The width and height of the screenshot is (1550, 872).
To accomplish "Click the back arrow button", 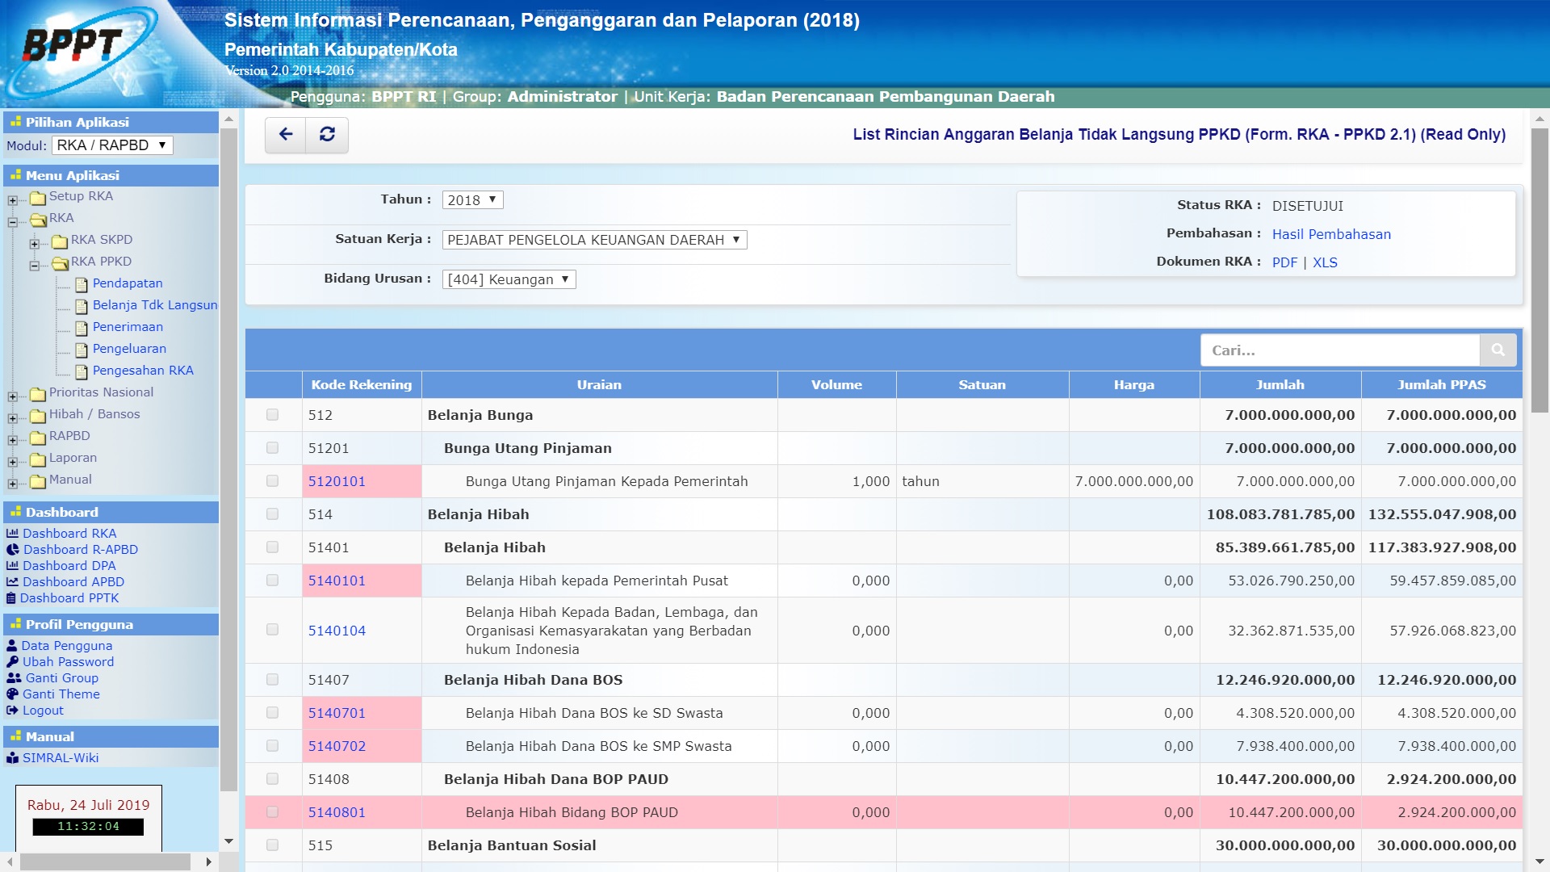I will point(286,135).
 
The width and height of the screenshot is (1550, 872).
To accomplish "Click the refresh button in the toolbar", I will point(327,135).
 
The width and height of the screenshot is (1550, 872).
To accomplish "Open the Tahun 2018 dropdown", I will point(472,200).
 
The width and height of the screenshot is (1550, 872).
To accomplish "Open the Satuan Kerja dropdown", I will point(594,240).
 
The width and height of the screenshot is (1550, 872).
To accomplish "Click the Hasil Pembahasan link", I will point(1331,234).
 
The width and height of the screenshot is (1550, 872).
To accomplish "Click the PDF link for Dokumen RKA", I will point(1284,262).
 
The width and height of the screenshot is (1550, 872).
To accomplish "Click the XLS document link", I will point(1325,262).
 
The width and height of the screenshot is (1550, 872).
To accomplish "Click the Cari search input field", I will point(1340,350).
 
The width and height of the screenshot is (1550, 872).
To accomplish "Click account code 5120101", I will point(337,481).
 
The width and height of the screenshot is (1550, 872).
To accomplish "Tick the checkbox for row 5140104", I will point(272,630).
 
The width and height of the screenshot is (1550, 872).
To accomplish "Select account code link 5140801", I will point(337,812).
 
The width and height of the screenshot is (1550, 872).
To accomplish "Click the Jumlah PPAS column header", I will point(1441,385).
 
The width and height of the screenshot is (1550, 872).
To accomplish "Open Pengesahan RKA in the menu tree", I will point(143,371).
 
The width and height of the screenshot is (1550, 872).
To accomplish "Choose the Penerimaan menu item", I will point(128,327).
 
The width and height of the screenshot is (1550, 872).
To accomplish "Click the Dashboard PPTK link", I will point(69,598).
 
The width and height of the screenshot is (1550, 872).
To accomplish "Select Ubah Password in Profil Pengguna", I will point(68,662).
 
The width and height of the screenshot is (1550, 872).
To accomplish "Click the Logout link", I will point(43,711).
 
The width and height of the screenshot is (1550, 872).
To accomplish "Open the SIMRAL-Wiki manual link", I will point(61,758).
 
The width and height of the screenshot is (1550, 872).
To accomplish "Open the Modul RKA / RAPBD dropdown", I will point(112,145).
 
